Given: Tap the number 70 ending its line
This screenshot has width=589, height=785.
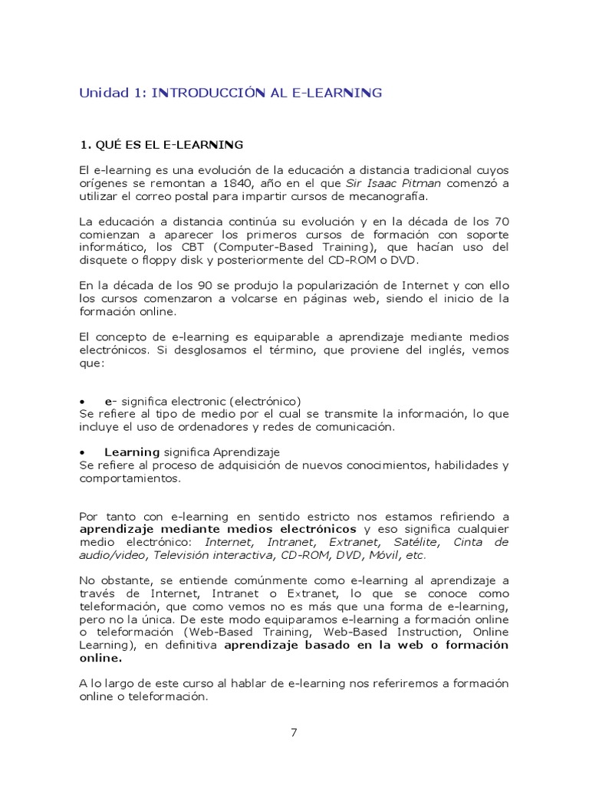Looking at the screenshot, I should coord(500,222).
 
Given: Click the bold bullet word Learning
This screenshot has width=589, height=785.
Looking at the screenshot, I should coord(132,452).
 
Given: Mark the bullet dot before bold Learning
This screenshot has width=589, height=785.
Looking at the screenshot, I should coord(82,452).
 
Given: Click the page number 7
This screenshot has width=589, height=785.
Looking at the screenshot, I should coord(294,732).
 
